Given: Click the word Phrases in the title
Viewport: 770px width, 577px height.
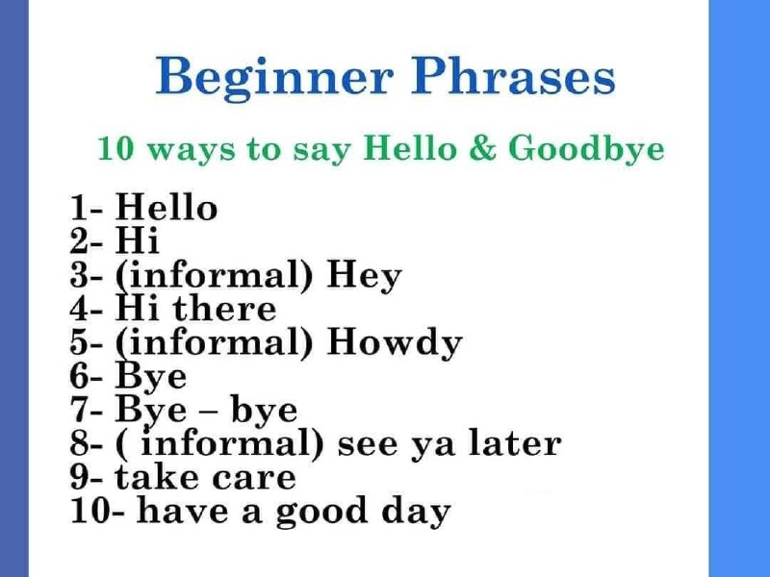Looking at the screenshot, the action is pos(513,76).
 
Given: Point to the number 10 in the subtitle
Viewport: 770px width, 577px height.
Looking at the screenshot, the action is pos(115,149).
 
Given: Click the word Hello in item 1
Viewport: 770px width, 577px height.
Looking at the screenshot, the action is pos(167,207).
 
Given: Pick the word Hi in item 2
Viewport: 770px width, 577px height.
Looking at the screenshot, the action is pos(138,239).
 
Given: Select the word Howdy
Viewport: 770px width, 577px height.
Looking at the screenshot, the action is pos(395,342).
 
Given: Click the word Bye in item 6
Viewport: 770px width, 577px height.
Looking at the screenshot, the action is pos(151,376).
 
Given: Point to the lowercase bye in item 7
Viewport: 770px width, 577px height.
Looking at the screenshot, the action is pos(264,411).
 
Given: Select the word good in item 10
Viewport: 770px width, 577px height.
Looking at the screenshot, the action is pos(321,512).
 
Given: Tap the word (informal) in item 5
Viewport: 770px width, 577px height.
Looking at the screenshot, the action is pos(214,342).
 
